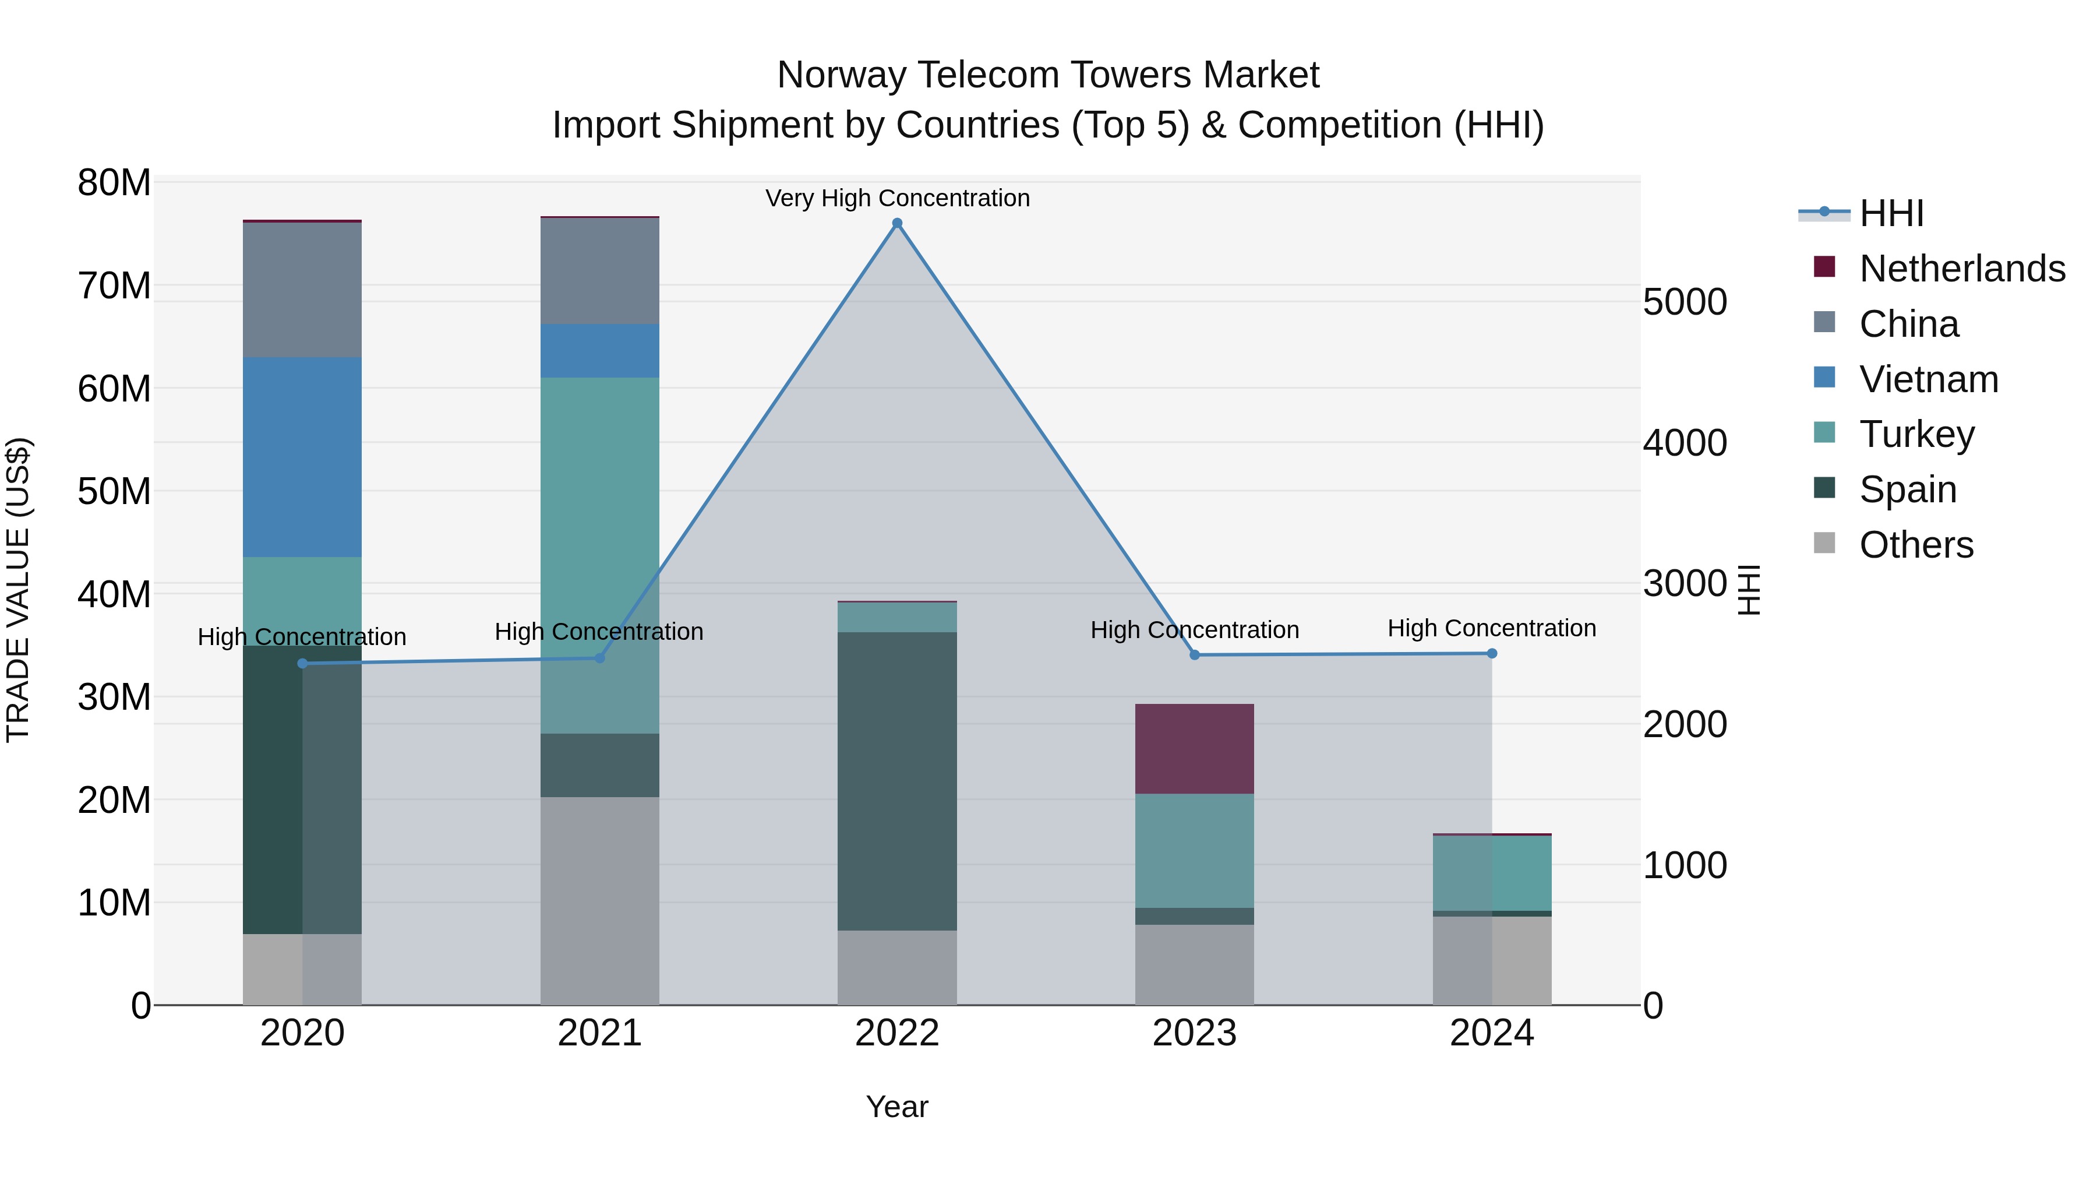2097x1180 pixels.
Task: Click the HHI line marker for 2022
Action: coord(897,223)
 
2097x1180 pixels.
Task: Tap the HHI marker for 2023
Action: coord(1194,655)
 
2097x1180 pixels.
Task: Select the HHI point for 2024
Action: coord(1491,653)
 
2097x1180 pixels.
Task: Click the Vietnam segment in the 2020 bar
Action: coord(302,457)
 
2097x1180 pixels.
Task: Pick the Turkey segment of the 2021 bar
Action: coord(600,554)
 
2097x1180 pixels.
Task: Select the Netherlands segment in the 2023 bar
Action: coord(1194,748)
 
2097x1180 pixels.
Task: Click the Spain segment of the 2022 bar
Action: coord(897,781)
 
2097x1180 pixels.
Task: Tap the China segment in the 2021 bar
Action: coord(600,271)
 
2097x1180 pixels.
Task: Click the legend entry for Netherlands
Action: coord(1962,269)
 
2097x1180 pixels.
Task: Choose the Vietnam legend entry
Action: coord(1929,379)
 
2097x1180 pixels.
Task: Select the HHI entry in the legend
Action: coord(1891,213)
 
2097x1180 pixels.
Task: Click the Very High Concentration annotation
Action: coord(897,198)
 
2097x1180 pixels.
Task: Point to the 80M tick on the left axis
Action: coord(114,182)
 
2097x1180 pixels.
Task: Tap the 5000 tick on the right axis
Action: coord(1684,302)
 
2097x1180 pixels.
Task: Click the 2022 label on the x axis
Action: coord(897,1033)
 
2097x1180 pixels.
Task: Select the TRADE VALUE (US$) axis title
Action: coord(18,590)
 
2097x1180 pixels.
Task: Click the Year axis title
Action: coord(897,1107)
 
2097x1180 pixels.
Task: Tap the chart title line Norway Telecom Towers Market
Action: coord(1048,75)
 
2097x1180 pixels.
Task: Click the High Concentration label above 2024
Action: coord(1491,628)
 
